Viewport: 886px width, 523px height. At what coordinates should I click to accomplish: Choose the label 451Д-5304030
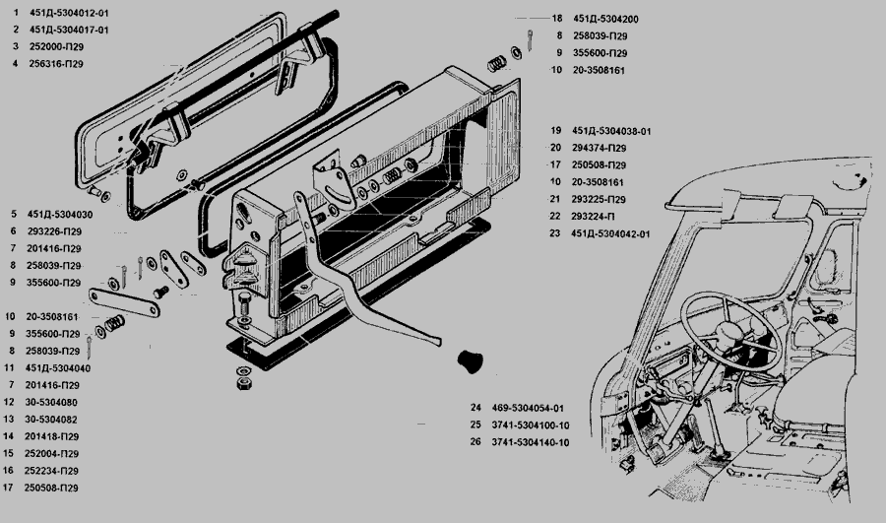pos(60,214)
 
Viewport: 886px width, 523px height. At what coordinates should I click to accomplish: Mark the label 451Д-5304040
pos(60,367)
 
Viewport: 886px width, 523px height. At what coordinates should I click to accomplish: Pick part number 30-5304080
pos(54,402)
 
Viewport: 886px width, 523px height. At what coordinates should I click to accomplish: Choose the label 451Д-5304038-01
pos(611,131)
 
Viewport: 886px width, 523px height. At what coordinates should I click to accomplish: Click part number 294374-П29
pos(600,148)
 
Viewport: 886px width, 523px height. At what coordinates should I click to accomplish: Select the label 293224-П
pos(594,217)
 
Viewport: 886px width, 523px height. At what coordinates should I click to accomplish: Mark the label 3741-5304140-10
pos(533,442)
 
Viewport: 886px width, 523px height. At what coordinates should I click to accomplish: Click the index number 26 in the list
pos(475,442)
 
